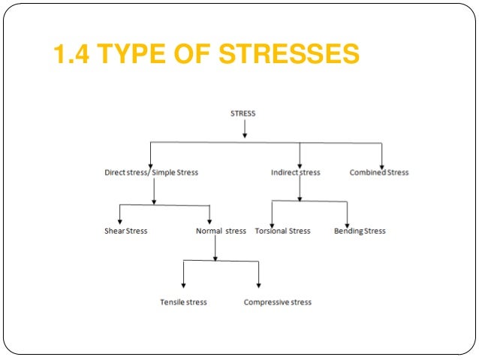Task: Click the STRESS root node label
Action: pyautogui.click(x=243, y=113)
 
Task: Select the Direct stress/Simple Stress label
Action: pyautogui.click(x=151, y=173)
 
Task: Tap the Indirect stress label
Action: pyautogui.click(x=295, y=173)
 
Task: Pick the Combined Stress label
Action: pyautogui.click(x=379, y=173)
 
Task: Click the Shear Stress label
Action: pyautogui.click(x=125, y=231)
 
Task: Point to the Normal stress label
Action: pyautogui.click(x=215, y=231)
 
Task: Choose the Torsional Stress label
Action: pyautogui.click(x=282, y=231)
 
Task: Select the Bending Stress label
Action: pyautogui.click(x=360, y=231)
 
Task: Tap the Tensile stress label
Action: pyautogui.click(x=183, y=303)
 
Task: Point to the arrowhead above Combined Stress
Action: pyautogui.click(x=381, y=165)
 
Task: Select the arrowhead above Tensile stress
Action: pyautogui.click(x=184, y=286)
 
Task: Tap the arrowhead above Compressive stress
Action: pyautogui.click(x=259, y=286)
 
